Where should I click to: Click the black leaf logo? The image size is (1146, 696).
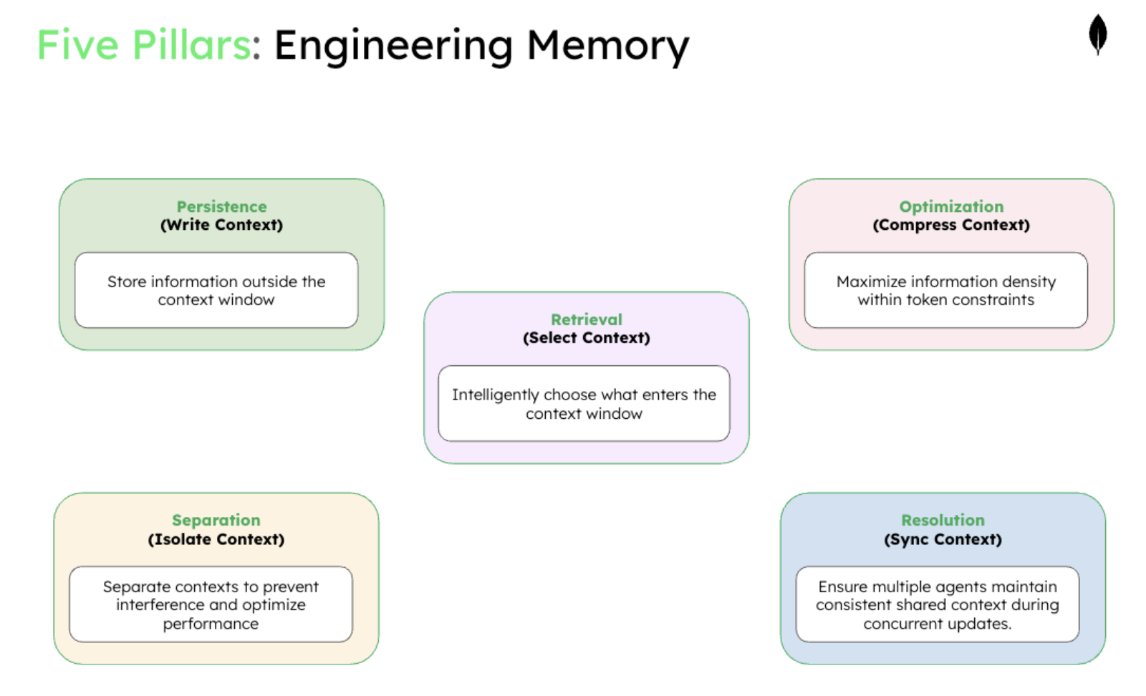point(1097,34)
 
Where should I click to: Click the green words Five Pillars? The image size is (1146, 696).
point(143,45)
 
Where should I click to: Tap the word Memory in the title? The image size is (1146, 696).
point(607,45)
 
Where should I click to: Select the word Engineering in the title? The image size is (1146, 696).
point(393,45)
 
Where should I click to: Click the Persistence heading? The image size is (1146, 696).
point(221,206)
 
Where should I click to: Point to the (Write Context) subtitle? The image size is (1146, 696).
point(221,225)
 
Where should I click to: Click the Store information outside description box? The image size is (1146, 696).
point(216,290)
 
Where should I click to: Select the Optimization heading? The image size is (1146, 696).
point(951,206)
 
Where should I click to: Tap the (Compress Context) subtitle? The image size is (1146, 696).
point(951,225)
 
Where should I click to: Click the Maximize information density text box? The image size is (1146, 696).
point(945,290)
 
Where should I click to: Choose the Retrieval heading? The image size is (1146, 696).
point(586,319)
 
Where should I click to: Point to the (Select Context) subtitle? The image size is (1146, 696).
point(586,338)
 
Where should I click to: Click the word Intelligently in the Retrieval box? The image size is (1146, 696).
point(495,395)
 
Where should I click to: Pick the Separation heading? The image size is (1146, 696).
point(216,520)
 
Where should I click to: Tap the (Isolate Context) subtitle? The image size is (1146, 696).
point(216,539)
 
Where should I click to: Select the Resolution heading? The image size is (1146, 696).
point(943,520)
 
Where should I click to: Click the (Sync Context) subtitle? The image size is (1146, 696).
point(943,539)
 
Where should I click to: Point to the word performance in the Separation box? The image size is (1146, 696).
point(211,624)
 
